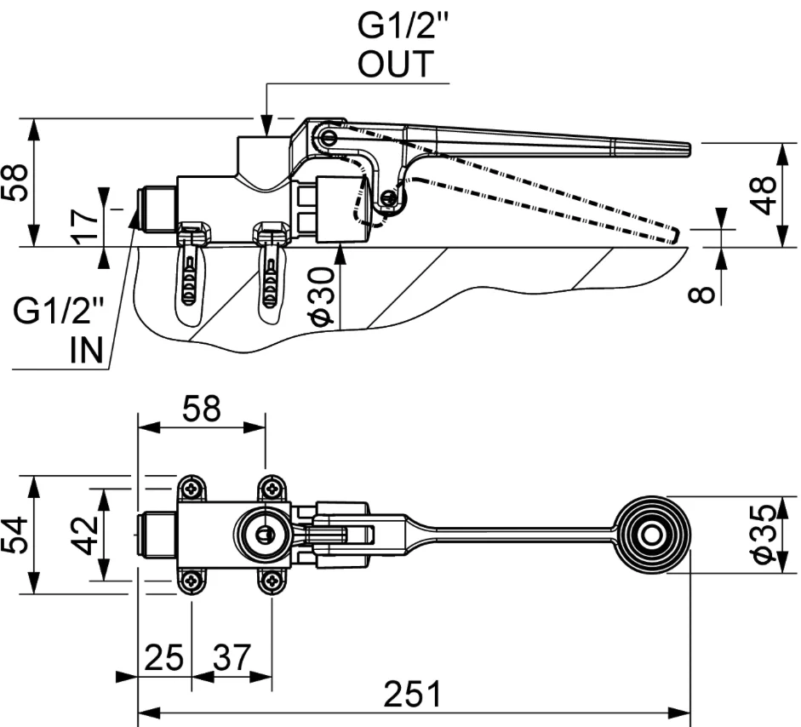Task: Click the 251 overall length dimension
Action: (x=412, y=693)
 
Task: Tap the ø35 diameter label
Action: (x=764, y=535)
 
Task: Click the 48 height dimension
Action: (x=764, y=195)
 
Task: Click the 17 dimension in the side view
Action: (x=85, y=226)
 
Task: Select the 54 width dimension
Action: (x=14, y=535)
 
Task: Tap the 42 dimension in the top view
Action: (x=83, y=535)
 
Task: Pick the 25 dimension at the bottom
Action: (x=164, y=657)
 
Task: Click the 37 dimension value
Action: (x=232, y=657)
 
